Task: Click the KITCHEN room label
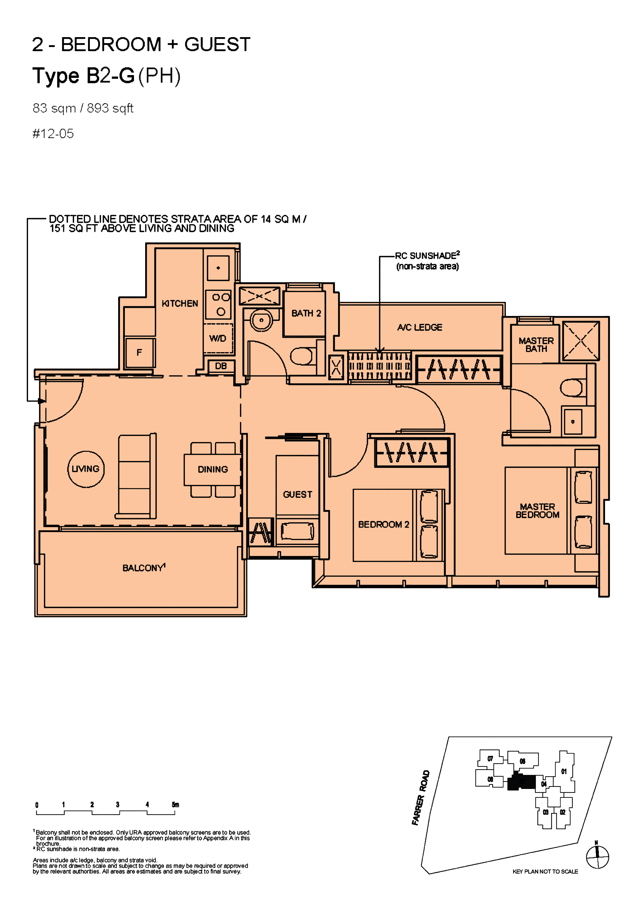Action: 180,304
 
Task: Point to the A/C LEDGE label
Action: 419,327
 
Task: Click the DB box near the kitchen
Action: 221,366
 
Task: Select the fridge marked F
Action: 139,352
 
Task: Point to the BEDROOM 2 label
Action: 383,525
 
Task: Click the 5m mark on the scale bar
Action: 175,805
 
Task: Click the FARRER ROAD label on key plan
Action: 421,798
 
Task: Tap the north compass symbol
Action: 597,857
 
